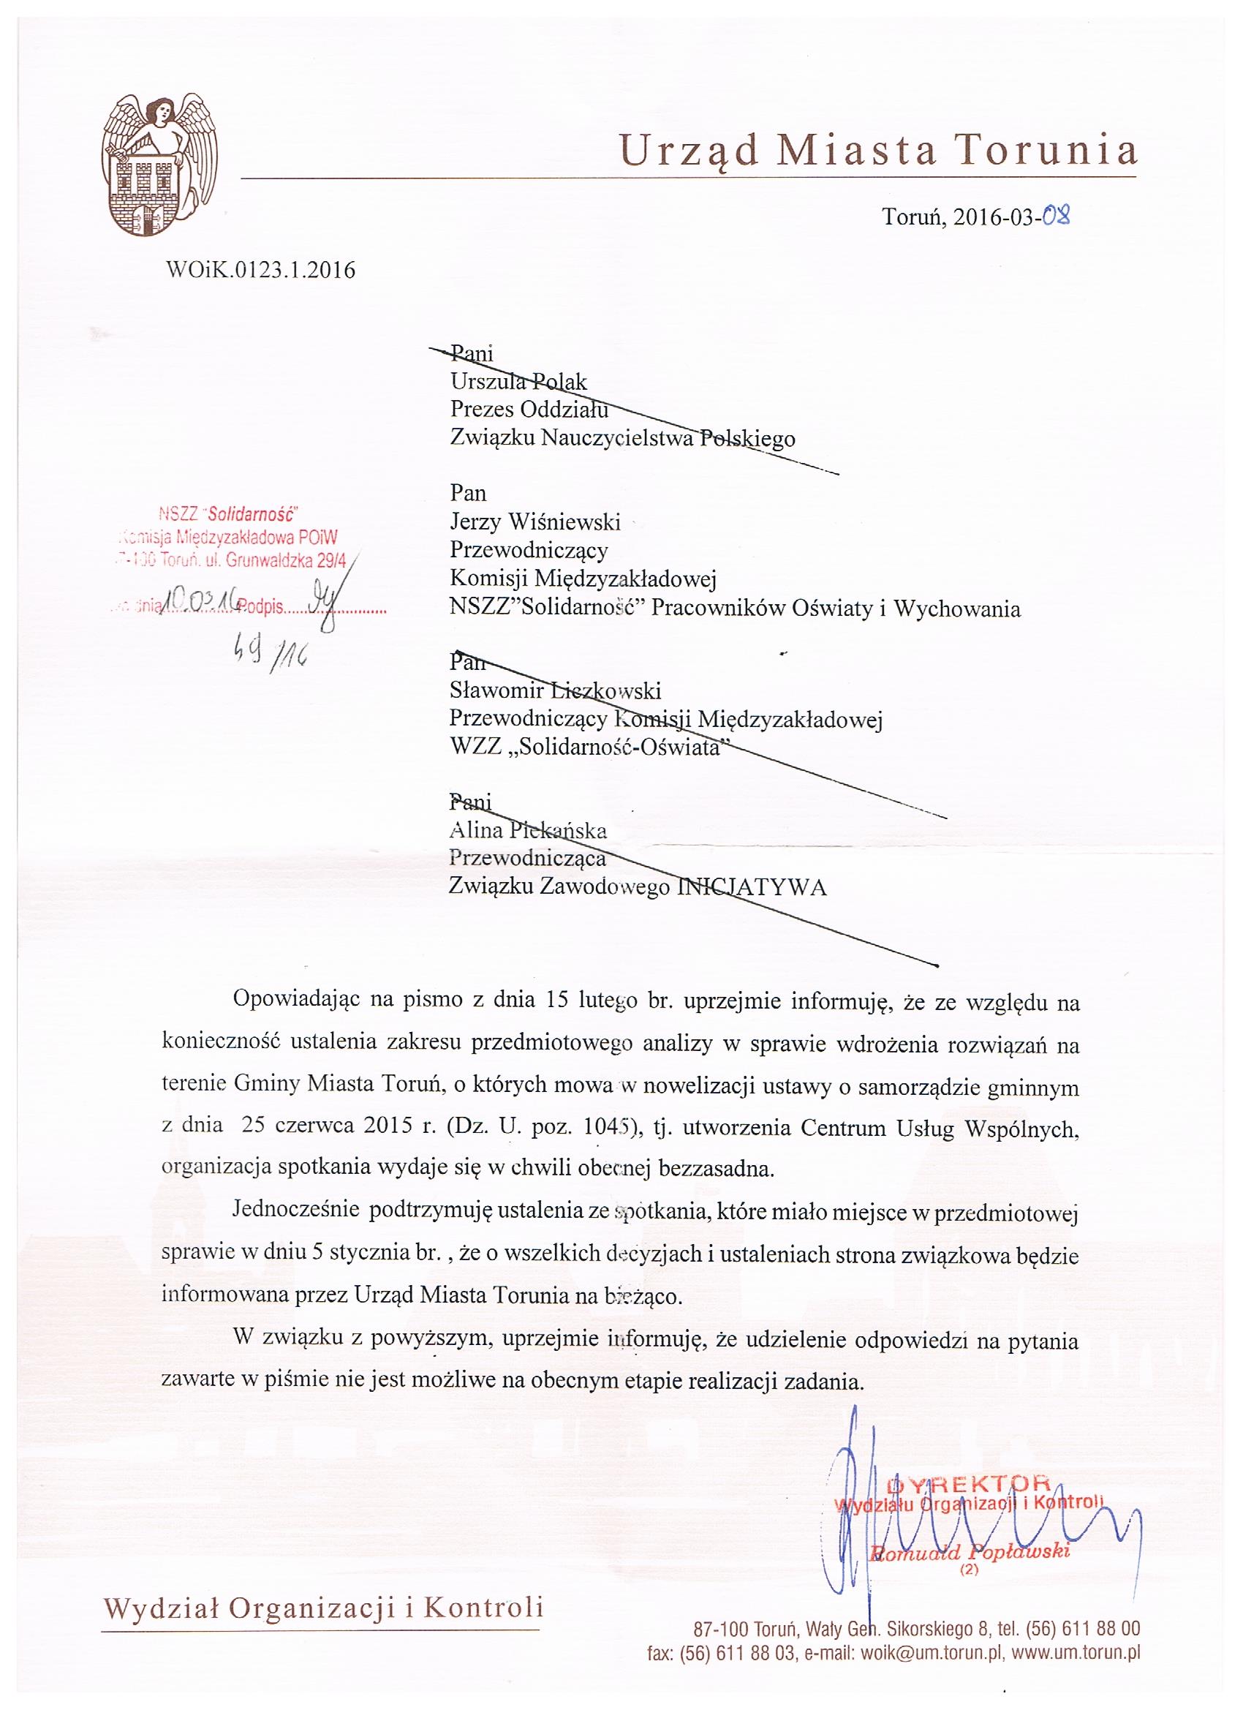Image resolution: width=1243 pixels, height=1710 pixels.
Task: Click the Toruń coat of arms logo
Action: click(155, 170)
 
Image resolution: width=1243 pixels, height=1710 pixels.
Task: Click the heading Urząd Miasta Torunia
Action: click(878, 150)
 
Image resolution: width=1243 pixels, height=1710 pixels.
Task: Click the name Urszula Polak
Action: click(518, 382)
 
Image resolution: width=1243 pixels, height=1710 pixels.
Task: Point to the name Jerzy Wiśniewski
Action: click(534, 521)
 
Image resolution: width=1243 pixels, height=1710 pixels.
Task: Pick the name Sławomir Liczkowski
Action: click(555, 690)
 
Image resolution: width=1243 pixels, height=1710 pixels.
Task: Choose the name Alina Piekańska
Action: click(528, 831)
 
